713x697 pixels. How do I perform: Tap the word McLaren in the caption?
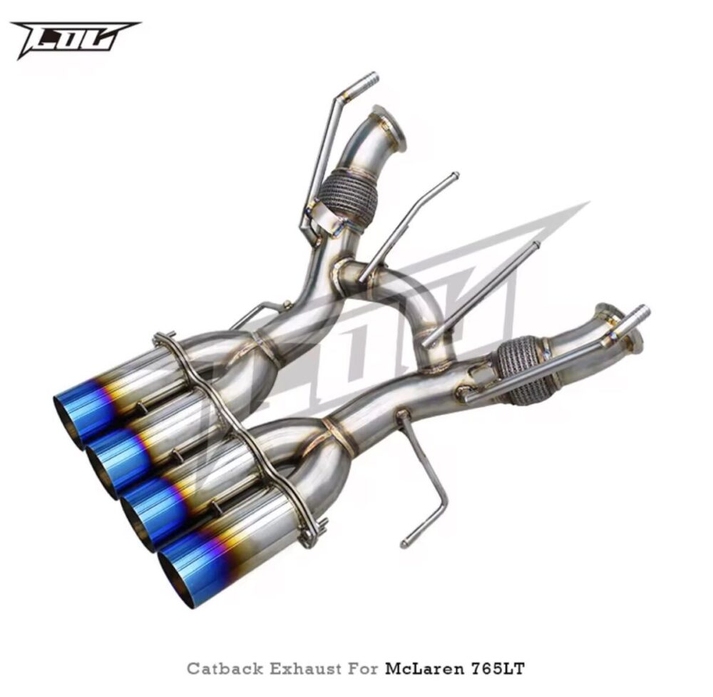425,668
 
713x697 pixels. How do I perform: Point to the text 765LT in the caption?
497,668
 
